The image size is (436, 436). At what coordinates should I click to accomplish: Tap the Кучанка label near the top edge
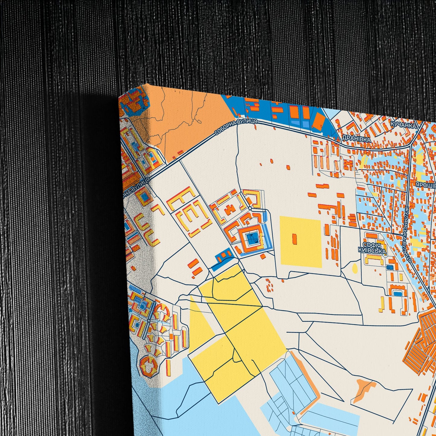[403, 125]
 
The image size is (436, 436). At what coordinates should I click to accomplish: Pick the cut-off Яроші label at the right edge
[426, 185]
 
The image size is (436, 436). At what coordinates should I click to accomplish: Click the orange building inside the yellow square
[294, 239]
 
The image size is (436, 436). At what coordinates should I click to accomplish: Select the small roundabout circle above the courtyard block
[250, 208]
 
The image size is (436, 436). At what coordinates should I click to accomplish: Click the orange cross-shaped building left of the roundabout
[230, 209]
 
